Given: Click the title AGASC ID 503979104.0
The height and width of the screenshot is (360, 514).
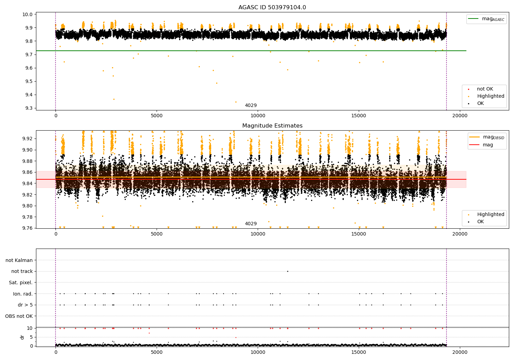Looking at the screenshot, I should tap(272, 8).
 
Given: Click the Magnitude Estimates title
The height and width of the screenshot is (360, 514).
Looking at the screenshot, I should tap(272, 126).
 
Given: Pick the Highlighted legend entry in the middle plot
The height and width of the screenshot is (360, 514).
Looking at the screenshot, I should tap(490, 215).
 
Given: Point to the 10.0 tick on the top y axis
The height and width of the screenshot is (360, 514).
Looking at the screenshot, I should tap(27, 14).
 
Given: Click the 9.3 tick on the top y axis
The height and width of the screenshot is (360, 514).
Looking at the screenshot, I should tap(29, 108).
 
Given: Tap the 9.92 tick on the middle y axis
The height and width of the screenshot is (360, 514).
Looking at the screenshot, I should tap(27, 139).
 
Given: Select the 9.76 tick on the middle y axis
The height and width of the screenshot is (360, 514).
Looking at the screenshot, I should tap(27, 228).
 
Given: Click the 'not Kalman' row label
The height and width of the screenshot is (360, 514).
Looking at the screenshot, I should tap(19, 260).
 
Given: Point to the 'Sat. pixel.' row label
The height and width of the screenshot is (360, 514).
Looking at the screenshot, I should tap(21, 283).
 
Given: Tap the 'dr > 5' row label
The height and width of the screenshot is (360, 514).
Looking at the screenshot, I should tap(25, 305).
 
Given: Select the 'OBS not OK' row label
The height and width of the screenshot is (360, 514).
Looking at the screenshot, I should tap(19, 316).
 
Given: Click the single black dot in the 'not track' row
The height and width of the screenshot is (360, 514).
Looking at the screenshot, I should tap(287, 271).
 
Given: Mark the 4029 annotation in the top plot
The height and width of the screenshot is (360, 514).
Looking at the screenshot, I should tap(250, 106).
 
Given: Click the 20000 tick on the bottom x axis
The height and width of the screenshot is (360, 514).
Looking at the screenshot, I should tap(460, 352).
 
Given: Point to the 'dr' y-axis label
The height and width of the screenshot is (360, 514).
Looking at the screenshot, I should tap(22, 337).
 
